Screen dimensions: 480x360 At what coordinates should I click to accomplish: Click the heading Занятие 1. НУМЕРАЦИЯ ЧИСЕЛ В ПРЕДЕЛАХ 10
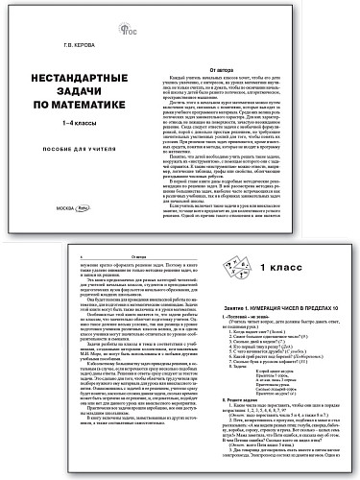click(x=277, y=304)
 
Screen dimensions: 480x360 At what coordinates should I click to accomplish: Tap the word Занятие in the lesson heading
click(x=217, y=304)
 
